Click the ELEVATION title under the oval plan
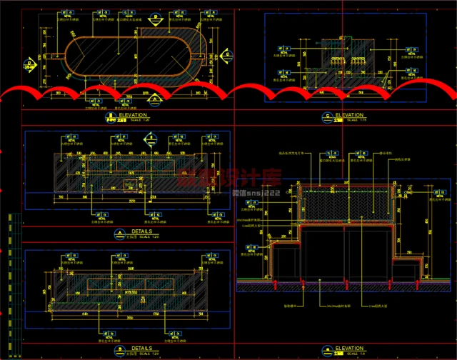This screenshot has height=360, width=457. [x=133, y=114]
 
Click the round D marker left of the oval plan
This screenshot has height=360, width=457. [x=29, y=65]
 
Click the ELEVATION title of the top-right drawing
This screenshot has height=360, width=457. [x=350, y=114]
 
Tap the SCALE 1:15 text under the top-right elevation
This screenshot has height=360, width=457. [x=351, y=120]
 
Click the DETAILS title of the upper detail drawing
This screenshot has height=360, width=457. [x=133, y=231]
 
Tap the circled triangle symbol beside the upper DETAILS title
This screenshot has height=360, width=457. [x=117, y=234]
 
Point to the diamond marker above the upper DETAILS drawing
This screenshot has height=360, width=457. [x=151, y=141]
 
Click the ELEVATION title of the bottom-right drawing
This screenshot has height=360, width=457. [x=350, y=348]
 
